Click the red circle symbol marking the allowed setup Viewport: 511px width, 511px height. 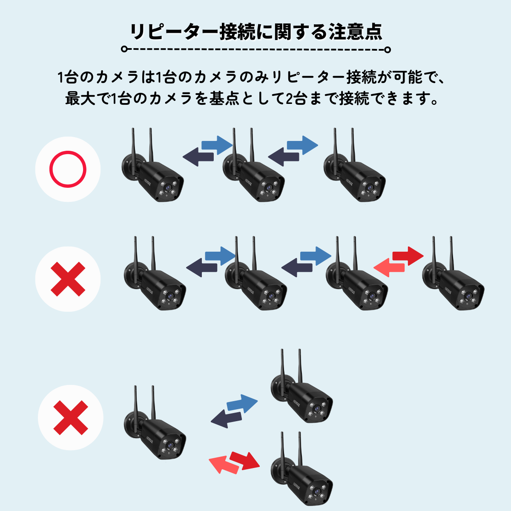pos(68,169)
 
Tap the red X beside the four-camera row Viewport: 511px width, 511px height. pos(68,279)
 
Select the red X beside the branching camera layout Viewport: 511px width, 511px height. pos(70,417)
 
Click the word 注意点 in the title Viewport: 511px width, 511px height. pos(355,32)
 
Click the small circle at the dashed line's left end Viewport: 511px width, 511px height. pos(124,49)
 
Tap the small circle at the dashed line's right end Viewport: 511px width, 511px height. pos(387,50)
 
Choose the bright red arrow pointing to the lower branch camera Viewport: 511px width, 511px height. pos(245,460)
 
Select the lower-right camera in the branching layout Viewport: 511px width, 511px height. pos(302,477)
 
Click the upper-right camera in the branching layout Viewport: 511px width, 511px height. pos(302,394)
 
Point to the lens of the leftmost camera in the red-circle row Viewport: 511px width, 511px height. pos(169,187)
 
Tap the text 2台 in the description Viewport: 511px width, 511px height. pos(294,99)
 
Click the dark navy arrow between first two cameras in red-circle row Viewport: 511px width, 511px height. pos(198,157)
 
